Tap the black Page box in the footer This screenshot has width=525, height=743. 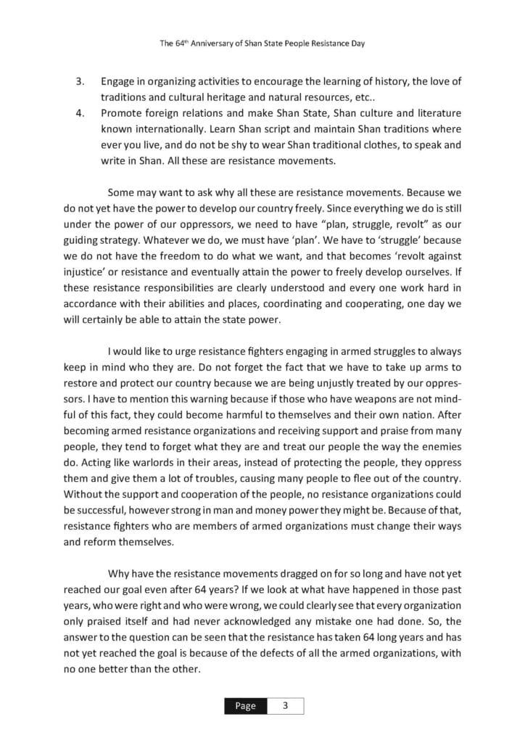[x=245, y=706]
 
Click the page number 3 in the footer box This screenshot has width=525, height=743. [x=285, y=706]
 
